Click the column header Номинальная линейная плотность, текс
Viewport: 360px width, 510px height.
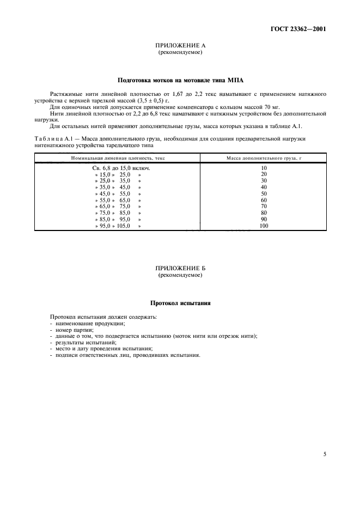(118, 158)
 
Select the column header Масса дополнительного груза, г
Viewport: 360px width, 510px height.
(264, 158)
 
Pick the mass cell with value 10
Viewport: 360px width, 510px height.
(264, 168)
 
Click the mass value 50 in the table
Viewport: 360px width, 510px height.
(264, 194)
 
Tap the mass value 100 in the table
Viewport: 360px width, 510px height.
(264, 226)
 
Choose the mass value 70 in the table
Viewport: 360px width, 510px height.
(264, 207)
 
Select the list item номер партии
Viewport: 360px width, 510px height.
(71, 330)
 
